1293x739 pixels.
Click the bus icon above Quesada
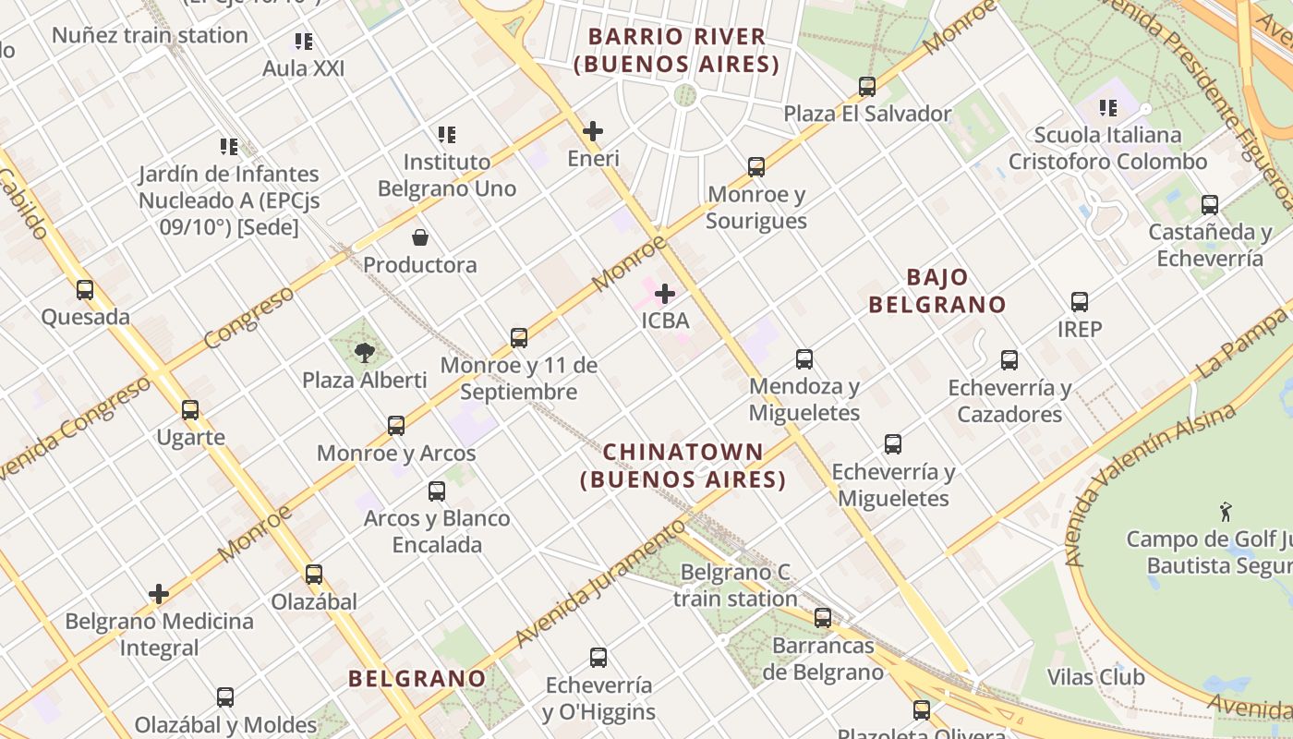pos(85,290)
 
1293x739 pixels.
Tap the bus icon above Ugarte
pos(190,410)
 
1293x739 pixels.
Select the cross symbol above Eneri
pos(593,131)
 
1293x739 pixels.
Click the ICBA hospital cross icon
pos(665,295)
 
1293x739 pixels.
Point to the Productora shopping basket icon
pos(420,238)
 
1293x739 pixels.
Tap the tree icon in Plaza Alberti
pos(365,352)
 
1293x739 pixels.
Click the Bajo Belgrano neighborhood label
pos(937,290)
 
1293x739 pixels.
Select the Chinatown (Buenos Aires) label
pos(683,466)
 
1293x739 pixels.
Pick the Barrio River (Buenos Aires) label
pos(677,50)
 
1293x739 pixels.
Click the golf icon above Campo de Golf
pos(1226,512)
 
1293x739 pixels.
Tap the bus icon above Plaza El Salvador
pos(867,87)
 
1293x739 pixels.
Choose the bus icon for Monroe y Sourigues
pos(756,167)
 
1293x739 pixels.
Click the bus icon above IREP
pos(1080,302)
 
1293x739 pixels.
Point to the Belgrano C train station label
pos(735,585)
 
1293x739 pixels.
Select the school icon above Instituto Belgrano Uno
pos(447,135)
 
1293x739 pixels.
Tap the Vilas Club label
pos(1096,677)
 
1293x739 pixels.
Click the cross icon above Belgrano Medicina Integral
pos(159,594)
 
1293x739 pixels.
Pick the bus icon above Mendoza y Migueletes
pos(804,359)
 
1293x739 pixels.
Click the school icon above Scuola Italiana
pos(1108,108)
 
